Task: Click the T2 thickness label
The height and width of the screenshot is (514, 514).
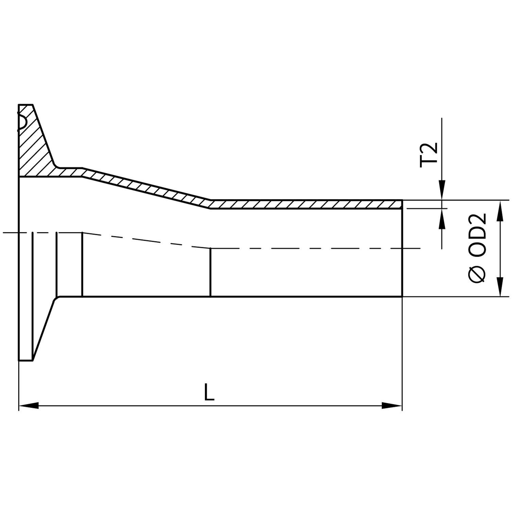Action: (428, 155)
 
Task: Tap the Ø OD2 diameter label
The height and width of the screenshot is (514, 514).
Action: (478, 248)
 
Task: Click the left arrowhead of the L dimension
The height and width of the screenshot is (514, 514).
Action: (29, 406)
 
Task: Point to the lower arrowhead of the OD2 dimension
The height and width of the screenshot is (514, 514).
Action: (500, 287)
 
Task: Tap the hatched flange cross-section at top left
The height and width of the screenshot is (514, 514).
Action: (34, 150)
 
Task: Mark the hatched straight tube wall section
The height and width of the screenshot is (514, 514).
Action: (306, 204)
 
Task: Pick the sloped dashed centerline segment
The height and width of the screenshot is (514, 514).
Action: (146, 240)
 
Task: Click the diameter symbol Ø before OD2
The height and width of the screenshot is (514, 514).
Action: (478, 274)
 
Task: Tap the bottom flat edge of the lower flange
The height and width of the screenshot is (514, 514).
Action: (26, 360)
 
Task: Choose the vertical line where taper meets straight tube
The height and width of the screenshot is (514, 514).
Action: (210, 272)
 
